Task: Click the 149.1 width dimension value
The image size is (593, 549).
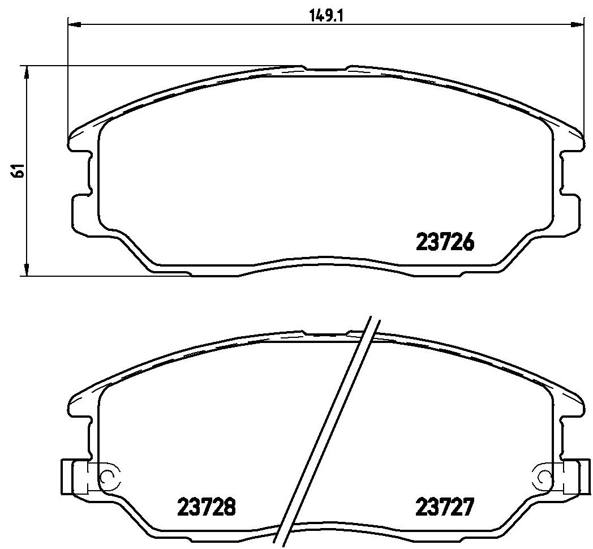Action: tap(326, 16)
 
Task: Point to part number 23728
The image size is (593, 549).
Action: tap(207, 486)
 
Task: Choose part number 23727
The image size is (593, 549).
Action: tap(445, 486)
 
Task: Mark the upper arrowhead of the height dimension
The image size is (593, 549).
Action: tap(26, 72)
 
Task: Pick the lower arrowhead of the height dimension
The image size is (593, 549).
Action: tap(26, 269)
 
